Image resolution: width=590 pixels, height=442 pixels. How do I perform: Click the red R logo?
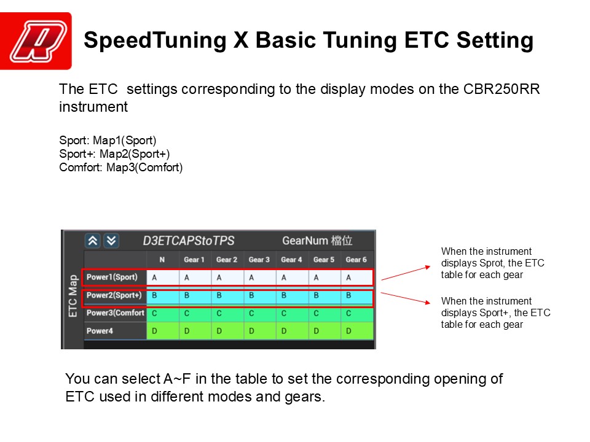tap(36, 41)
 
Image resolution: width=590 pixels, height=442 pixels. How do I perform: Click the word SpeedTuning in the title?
tap(155, 41)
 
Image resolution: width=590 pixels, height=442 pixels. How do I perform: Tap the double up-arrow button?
tap(93, 241)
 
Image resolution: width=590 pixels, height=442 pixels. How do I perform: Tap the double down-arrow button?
tap(111, 241)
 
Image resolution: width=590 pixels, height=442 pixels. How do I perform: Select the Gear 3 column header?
tap(259, 260)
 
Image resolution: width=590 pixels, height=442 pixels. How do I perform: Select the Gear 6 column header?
tap(356, 260)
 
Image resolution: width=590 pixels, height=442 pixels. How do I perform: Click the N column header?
tap(162, 260)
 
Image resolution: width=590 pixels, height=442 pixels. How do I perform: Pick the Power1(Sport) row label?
tap(112, 277)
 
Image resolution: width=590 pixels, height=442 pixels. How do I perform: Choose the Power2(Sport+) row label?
tap(114, 295)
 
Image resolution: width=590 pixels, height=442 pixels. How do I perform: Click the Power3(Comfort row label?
tap(115, 313)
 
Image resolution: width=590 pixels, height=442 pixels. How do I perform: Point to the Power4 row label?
tap(100, 331)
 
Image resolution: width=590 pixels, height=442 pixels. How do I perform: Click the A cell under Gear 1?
tap(187, 277)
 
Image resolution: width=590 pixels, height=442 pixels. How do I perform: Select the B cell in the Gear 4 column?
tap(284, 296)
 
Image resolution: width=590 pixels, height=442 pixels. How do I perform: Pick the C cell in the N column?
tap(154, 314)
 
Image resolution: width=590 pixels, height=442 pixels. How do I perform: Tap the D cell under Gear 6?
tap(348, 331)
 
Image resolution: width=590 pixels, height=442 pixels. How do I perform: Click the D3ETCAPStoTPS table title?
tap(189, 241)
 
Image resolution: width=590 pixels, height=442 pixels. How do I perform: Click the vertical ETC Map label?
tap(73, 296)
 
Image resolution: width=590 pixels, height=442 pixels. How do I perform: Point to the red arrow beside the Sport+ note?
tap(405, 298)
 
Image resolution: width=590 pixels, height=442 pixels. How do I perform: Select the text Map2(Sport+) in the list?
tap(135, 154)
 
